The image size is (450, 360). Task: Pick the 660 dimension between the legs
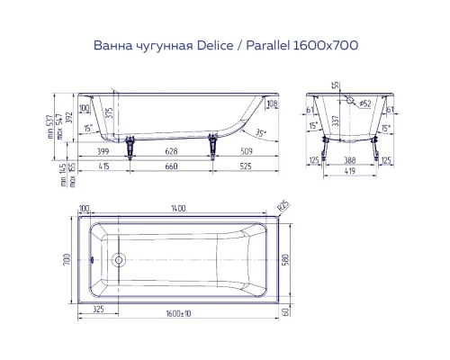[170, 168]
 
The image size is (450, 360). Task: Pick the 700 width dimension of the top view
[66, 260]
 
